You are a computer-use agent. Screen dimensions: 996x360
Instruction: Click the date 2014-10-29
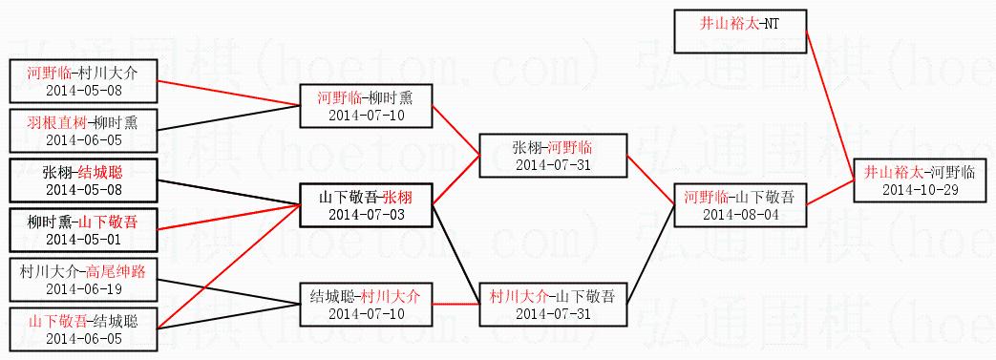[920, 190]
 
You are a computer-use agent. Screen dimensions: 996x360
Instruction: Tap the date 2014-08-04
[740, 215]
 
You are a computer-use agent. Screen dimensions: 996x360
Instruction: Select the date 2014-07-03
[366, 215]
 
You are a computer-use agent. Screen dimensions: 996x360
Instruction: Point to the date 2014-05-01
[83, 240]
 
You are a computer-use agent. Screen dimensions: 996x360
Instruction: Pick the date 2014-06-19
[83, 289]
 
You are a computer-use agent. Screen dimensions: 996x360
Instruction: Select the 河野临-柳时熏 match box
[366, 106]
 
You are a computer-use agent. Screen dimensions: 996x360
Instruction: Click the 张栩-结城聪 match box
[83, 180]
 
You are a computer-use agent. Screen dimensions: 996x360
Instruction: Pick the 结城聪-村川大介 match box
[366, 305]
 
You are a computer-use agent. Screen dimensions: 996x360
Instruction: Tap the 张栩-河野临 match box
[553, 156]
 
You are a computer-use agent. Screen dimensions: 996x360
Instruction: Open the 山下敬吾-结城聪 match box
[83, 328]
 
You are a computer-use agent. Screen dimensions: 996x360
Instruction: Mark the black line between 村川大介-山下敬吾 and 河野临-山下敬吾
[650, 255]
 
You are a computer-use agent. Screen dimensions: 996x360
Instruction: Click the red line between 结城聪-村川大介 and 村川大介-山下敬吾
[456, 305]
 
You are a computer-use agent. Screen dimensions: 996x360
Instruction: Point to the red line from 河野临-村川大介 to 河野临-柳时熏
[228, 94]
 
